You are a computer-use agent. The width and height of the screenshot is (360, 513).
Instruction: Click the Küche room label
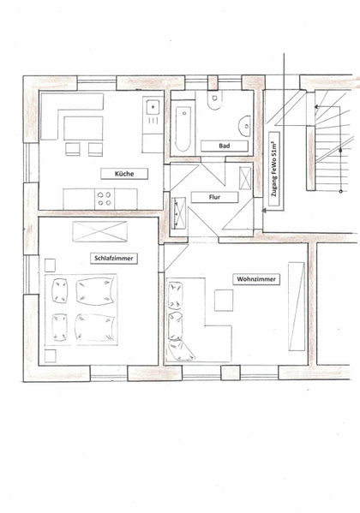tap(124, 174)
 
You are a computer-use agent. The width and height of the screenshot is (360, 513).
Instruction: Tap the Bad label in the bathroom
tap(224, 146)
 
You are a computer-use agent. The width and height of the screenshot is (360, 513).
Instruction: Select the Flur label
tap(214, 197)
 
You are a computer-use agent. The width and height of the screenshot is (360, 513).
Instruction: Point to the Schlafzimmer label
tap(114, 259)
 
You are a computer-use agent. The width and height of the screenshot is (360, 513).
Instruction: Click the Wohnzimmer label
tap(256, 279)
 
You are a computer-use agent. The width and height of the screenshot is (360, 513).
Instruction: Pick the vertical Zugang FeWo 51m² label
tap(274, 169)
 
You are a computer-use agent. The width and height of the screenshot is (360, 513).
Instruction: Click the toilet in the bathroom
tap(214, 100)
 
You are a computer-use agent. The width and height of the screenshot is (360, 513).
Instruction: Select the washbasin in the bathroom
tap(245, 126)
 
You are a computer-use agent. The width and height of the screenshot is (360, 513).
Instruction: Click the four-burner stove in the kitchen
tap(105, 199)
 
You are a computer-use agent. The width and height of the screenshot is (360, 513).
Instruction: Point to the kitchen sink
tap(153, 107)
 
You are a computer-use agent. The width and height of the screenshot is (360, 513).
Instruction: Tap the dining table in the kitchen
tap(83, 128)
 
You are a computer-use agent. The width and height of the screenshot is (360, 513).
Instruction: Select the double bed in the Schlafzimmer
tap(81, 309)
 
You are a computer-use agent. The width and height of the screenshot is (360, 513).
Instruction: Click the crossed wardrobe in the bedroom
tap(100, 231)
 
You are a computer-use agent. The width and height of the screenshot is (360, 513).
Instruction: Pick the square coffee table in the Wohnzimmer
tap(224, 301)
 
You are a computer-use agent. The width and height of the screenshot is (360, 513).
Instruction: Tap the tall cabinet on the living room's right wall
tap(297, 307)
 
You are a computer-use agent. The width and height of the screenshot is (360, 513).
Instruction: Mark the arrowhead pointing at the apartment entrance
tap(264, 211)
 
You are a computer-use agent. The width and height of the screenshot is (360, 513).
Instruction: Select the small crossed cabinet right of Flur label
tap(245, 178)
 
